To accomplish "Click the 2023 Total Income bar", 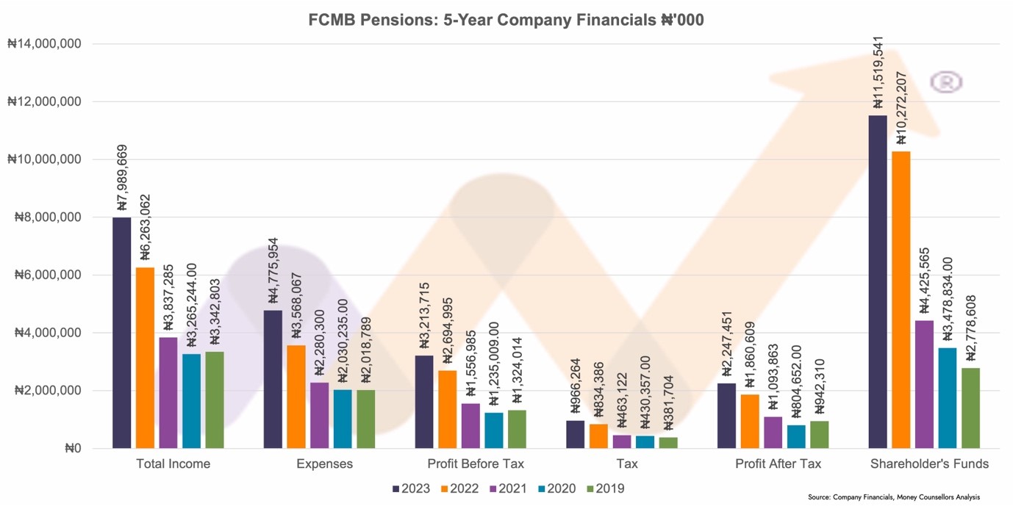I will [121, 333].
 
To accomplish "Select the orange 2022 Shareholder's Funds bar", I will [901, 300].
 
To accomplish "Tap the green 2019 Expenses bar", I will [365, 419].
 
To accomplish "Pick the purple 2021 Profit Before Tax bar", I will [470, 426].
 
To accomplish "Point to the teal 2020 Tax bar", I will [644, 441].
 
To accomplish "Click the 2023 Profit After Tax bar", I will [726, 416].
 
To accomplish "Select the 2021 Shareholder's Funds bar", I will [924, 384].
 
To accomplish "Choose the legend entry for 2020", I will [555, 488].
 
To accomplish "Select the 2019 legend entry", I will [604, 488].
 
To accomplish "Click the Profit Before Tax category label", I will [476, 464].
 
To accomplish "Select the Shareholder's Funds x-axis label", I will [929, 464].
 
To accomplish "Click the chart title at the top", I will [506, 20].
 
